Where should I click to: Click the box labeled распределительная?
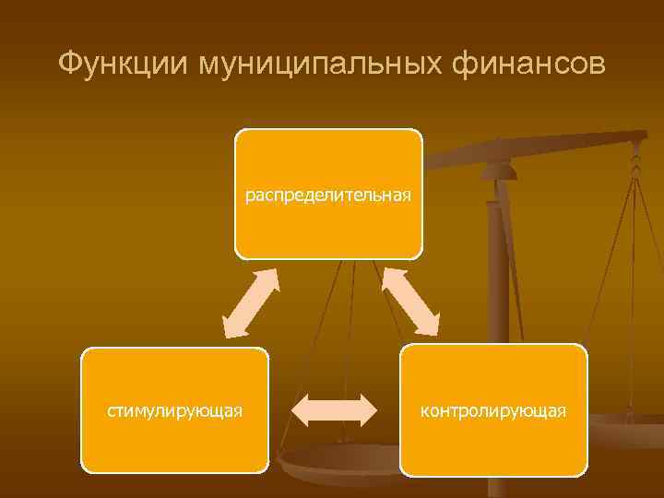tap(328, 194)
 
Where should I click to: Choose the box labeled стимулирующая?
tap(175, 409)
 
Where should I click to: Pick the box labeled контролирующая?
tap(493, 409)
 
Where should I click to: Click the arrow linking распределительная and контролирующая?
tap(410, 302)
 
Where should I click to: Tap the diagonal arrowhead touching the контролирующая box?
tap(430, 325)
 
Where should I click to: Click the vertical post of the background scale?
tap(497, 304)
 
